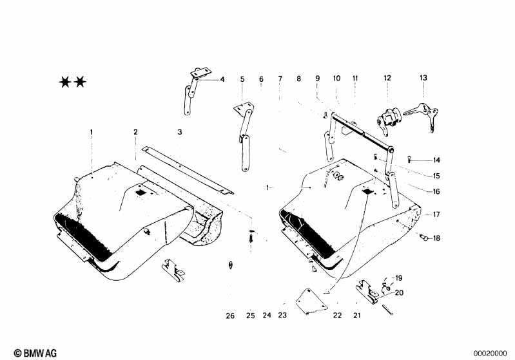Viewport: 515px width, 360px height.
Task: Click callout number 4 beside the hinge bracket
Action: click(222, 80)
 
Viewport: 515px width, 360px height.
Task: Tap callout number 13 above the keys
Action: click(423, 77)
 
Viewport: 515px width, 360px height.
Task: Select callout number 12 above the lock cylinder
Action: click(387, 78)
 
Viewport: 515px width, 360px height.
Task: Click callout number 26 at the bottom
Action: click(231, 316)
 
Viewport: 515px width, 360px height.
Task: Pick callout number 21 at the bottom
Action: click(356, 316)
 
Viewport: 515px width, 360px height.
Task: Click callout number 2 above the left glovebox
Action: click(136, 132)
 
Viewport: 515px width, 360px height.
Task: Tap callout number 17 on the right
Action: click(436, 214)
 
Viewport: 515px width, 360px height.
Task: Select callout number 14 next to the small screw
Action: click(436, 160)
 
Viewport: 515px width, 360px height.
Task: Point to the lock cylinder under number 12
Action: click(389, 118)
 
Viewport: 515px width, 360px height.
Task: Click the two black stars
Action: click(73, 82)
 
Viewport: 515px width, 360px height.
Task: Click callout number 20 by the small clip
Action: click(399, 292)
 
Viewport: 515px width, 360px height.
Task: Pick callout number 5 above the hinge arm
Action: click(242, 79)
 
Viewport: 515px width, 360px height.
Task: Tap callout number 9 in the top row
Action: click(317, 78)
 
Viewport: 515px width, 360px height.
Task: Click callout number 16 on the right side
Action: click(436, 191)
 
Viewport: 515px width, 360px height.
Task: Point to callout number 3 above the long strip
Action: click(180, 132)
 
